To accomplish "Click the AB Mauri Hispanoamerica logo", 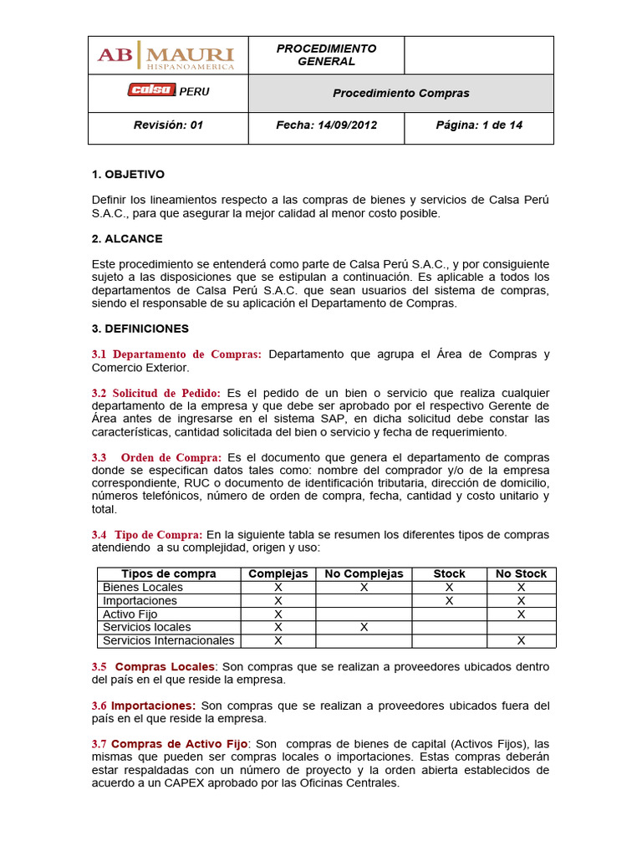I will (x=167, y=55).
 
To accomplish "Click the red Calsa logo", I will (x=151, y=91).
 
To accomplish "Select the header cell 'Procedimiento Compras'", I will (x=400, y=93).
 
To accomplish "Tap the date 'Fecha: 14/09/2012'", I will (x=326, y=125).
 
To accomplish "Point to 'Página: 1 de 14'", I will (x=479, y=125).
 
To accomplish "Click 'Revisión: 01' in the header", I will (x=168, y=125).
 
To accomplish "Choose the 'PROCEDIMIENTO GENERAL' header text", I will (x=326, y=55).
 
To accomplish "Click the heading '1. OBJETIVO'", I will (x=128, y=174).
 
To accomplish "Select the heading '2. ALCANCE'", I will (x=127, y=238).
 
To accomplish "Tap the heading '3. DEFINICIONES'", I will (x=140, y=329).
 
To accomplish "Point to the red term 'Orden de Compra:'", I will (x=171, y=457).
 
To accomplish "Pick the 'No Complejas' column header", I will (x=364, y=573).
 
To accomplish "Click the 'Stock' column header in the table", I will (x=449, y=573).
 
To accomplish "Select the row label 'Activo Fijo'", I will (x=130, y=614).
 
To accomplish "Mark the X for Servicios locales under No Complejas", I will (x=364, y=627).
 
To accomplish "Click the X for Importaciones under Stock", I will (x=449, y=600).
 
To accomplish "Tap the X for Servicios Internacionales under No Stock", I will (x=521, y=640).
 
